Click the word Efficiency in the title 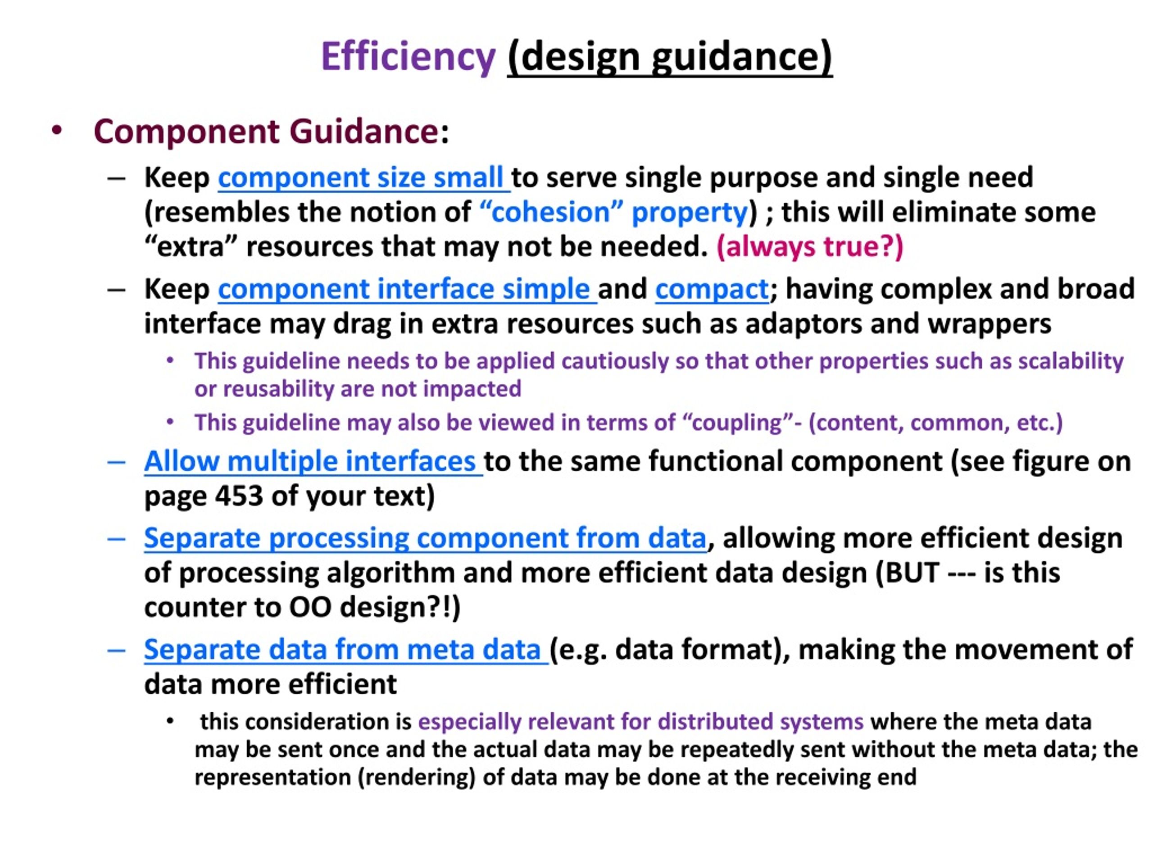(x=408, y=57)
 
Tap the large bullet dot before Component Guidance (x=57, y=130)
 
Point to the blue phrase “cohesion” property (x=613, y=212)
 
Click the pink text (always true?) (x=810, y=246)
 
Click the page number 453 (x=239, y=496)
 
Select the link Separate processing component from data (x=425, y=538)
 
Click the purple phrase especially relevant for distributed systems (x=640, y=722)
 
